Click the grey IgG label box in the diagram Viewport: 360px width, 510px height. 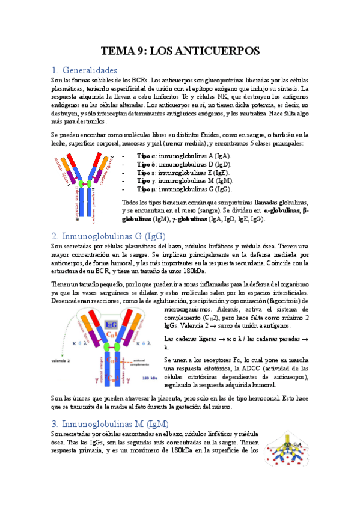pos(111,325)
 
